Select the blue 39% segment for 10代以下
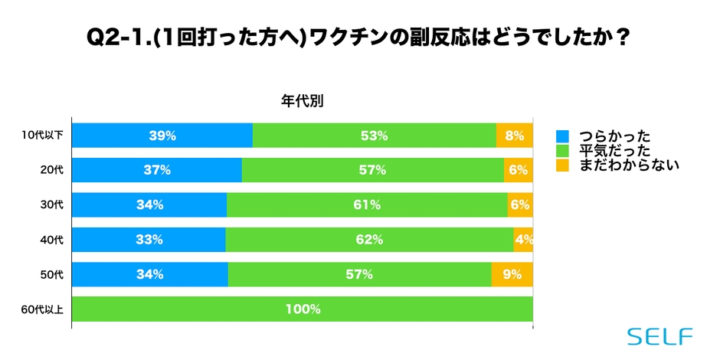[162, 136]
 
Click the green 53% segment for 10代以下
[374, 136]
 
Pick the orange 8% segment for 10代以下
[514, 136]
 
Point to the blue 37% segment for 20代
[157, 170]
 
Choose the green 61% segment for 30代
[367, 205]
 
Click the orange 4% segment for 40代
[523, 240]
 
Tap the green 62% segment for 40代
[369, 240]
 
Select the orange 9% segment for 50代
[512, 274]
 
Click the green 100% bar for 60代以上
[303, 309]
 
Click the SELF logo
[659, 336]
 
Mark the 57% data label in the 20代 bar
[373, 170]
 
